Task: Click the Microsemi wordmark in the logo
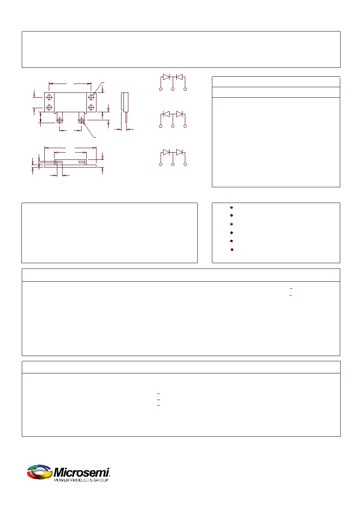tap(81, 473)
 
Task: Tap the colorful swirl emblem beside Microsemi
tap(40, 472)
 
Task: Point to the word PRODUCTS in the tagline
tap(81, 480)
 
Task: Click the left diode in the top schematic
tap(166, 77)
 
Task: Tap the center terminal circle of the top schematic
tap(173, 89)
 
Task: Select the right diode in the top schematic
tap(179, 77)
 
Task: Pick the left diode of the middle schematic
tap(166, 114)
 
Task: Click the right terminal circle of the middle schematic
tap(185, 126)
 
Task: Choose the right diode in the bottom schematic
tap(179, 152)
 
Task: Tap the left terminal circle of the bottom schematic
tap(161, 164)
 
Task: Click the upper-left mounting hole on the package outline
tap(49, 97)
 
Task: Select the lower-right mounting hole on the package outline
tap(91, 107)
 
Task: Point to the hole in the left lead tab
tap(60, 120)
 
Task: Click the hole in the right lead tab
tap(81, 120)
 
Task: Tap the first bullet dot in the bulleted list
tap(231, 207)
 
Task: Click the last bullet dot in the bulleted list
tap(232, 249)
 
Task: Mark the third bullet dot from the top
tap(231, 224)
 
